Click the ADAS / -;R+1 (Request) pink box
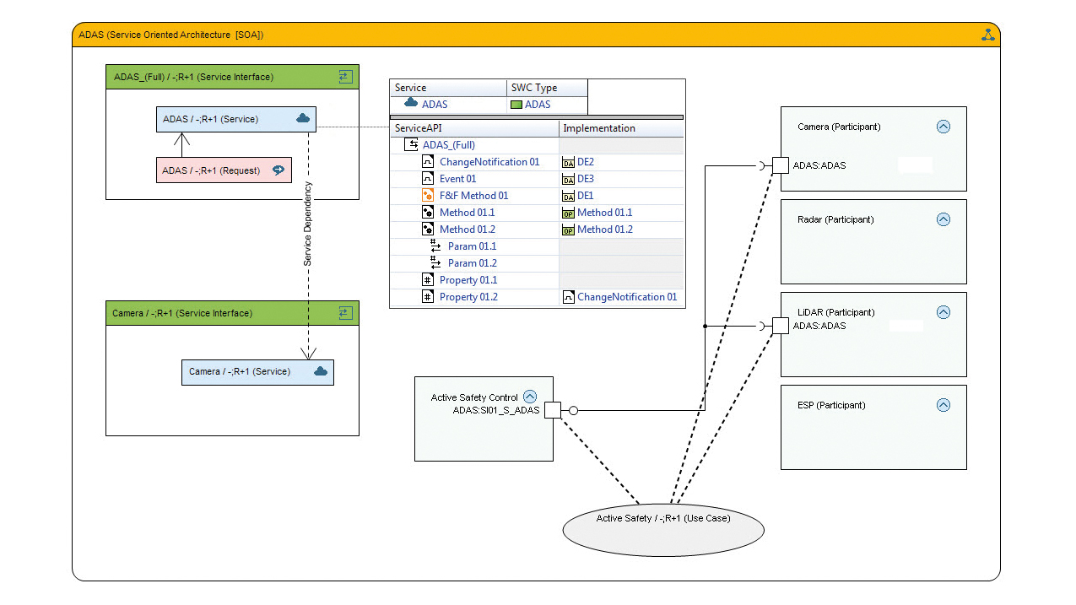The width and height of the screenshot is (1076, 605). (224, 170)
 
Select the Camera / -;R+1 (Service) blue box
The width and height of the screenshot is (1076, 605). (257, 372)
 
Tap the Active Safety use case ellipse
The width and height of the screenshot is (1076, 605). (663, 530)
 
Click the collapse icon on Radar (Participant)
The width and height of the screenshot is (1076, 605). (944, 219)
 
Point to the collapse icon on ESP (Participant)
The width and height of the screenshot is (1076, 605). (944, 405)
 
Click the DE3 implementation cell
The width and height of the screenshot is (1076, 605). (585, 179)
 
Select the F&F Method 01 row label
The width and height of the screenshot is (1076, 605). (473, 196)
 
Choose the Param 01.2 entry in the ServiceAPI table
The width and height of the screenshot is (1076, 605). (473, 263)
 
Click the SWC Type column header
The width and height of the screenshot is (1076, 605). (534, 88)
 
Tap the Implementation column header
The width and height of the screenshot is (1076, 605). (599, 128)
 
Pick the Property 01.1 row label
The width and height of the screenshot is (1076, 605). (468, 280)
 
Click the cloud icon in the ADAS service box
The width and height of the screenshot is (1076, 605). (303, 118)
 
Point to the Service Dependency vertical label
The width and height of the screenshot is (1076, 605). (307, 224)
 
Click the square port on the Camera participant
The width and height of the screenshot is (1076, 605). (781, 165)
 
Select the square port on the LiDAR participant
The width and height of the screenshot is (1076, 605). (781, 326)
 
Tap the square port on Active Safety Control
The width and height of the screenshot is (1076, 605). (553, 410)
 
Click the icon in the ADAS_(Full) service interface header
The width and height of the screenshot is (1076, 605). (346, 77)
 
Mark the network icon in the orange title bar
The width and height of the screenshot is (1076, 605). (987, 35)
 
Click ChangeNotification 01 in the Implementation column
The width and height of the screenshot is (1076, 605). (627, 297)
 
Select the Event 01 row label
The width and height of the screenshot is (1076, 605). (457, 179)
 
